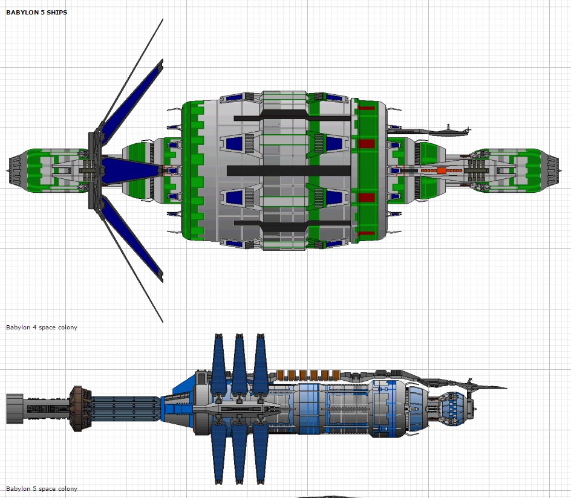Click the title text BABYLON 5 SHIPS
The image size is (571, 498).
pos(36,13)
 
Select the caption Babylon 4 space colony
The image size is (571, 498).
pos(42,328)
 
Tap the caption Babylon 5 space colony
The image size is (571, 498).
pos(42,488)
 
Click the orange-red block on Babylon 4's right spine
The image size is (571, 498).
pos(442,171)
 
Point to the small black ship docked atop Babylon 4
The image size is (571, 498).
pos(448,129)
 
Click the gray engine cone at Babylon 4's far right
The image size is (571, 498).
pos(553,170)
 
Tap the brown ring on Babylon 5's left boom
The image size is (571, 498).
pos(76,409)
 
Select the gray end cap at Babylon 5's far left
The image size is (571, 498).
pos(15,409)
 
